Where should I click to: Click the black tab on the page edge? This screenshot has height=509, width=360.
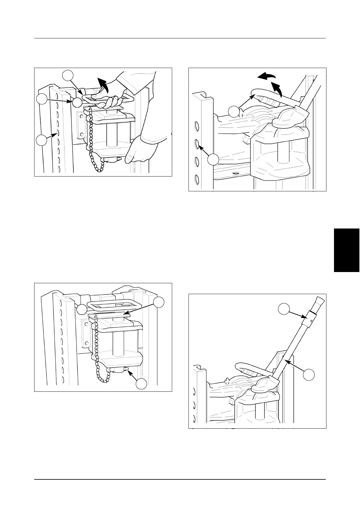pyautogui.click(x=347, y=250)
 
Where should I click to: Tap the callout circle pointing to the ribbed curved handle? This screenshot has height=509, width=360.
pyautogui.click(x=234, y=112)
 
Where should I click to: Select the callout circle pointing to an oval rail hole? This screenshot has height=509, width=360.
pyautogui.click(x=213, y=160)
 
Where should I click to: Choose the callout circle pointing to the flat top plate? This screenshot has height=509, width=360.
pyautogui.click(x=159, y=303)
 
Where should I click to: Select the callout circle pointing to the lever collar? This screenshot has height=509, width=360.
pyautogui.click(x=284, y=310)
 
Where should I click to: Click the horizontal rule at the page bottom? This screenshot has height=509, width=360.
pyautogui.click(x=180, y=479)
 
